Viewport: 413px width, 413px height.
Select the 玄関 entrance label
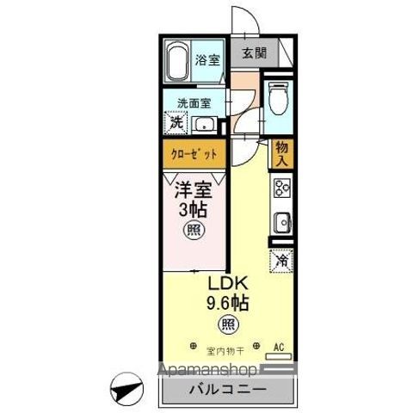coord(254,52)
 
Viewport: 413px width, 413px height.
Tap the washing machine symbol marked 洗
coord(176,123)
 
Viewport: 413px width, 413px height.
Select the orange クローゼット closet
coord(194,155)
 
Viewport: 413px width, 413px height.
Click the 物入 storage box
coord(282,154)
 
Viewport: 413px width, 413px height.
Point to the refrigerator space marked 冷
coord(281,257)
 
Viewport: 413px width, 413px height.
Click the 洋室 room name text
coord(194,189)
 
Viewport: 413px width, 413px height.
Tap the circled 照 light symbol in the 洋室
coord(194,231)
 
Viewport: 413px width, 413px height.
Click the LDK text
coord(226,284)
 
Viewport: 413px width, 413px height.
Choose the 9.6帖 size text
coord(226,303)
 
